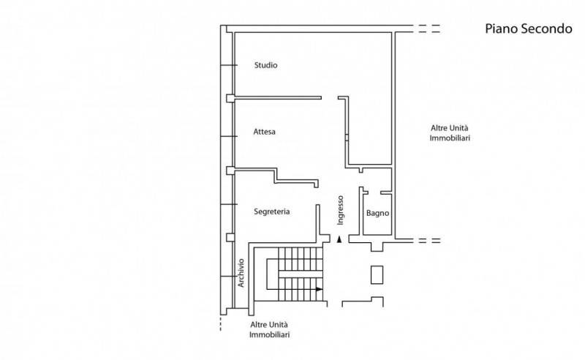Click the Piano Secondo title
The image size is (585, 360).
(x=528, y=29)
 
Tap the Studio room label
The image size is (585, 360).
(x=265, y=65)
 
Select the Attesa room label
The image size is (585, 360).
(x=264, y=132)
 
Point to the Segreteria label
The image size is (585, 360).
(x=271, y=211)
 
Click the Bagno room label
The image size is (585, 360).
(x=377, y=213)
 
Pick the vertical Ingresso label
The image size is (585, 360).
(x=340, y=210)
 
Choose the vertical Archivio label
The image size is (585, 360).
(x=241, y=273)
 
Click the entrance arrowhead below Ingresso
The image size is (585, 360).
(x=339, y=239)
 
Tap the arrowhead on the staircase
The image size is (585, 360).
(x=319, y=289)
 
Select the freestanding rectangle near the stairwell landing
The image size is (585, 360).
(x=377, y=275)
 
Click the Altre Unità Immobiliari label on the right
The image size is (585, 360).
(x=450, y=133)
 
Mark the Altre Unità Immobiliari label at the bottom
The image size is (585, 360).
(x=269, y=329)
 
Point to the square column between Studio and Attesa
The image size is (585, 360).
(x=230, y=98)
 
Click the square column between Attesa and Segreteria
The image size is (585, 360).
(x=230, y=170)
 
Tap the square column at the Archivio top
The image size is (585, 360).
(x=230, y=238)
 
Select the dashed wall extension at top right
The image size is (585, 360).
(x=429, y=29)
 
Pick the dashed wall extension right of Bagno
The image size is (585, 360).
(x=429, y=241)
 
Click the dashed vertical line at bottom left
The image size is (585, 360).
(x=221, y=323)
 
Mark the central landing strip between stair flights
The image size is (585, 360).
(x=300, y=274)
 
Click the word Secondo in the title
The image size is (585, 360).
(x=546, y=29)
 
